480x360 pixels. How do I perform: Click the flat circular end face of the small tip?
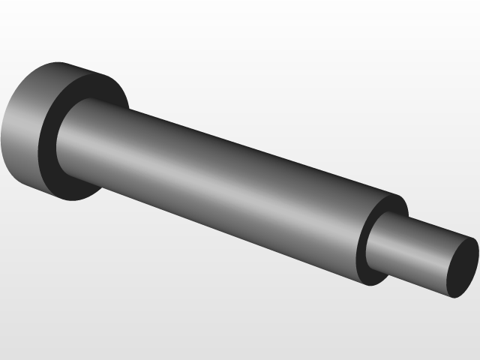pos(463,267)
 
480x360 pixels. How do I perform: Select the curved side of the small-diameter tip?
pos(416,247)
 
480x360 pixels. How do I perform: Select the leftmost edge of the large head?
pos(3,127)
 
